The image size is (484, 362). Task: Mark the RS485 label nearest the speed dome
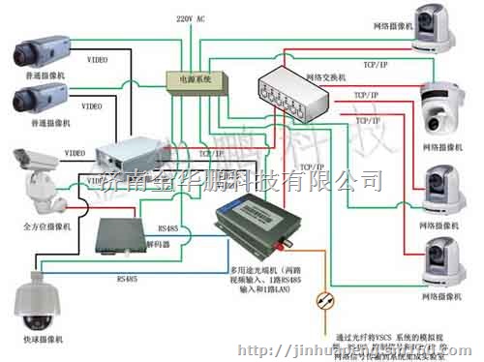[126, 279]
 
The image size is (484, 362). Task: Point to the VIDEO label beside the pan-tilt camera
[75, 153]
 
